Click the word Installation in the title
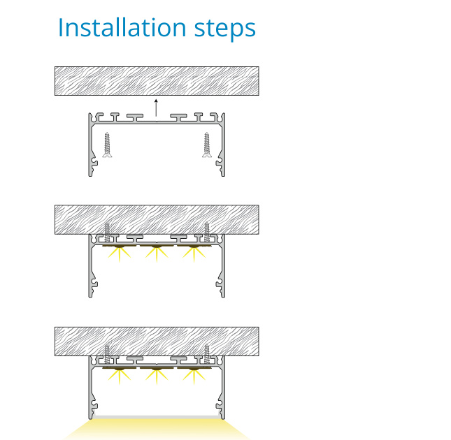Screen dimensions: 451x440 pos(122,27)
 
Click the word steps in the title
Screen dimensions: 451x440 pos(225,30)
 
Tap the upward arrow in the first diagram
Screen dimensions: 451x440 pos(156,108)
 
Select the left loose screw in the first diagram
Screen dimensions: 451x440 pos(107,145)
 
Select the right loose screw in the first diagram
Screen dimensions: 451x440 pos(206,145)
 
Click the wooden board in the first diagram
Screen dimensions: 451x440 pos(157,81)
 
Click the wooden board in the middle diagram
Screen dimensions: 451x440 pos(157,220)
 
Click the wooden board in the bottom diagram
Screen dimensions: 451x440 pos(157,342)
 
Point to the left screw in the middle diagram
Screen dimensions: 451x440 pos(107,232)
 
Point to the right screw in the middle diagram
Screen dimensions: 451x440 pos(206,232)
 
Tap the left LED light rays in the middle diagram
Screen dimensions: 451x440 pos(120,254)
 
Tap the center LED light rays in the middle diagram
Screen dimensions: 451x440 pos(157,254)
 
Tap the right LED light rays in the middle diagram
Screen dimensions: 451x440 pos(194,254)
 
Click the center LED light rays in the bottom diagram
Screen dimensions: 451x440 pos(157,376)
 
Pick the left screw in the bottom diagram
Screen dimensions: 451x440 pos(107,354)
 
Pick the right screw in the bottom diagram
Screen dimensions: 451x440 pos(206,354)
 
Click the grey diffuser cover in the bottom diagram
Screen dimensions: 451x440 pos(157,417)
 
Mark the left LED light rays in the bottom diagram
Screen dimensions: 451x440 pos(120,376)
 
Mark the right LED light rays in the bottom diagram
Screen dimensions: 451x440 pos(194,376)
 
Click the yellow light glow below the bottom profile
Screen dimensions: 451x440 pos(157,429)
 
